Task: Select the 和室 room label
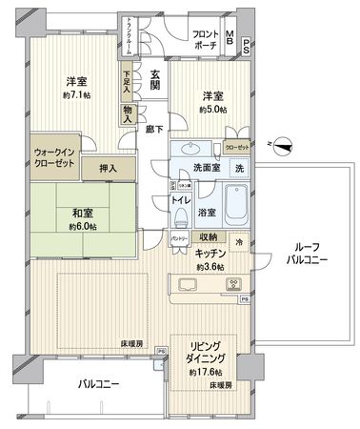click(x=80, y=214)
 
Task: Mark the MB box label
click(x=230, y=39)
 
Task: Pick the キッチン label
click(x=210, y=255)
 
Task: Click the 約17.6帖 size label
click(x=207, y=372)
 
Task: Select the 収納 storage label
click(x=208, y=237)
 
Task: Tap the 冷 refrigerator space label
click(x=240, y=243)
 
